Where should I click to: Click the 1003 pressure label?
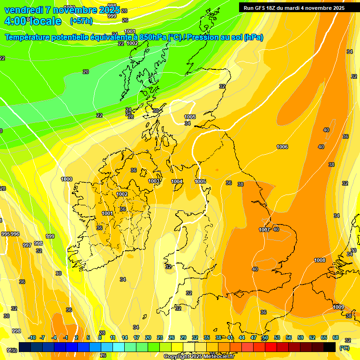point(154,181)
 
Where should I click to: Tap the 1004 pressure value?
point(177,181)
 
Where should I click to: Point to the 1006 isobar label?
point(282,147)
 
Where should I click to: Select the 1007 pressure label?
point(264,230)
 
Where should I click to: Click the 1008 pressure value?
point(320,260)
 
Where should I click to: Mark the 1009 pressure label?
point(338,307)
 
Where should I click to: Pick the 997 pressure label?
point(27,245)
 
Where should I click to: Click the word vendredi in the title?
point(24,10)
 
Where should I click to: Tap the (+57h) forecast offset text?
point(81,21)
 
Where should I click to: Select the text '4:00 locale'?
point(33,21)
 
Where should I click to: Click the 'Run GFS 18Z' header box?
point(294,7)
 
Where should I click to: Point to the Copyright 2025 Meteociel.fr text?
point(198,357)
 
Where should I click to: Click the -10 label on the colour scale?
point(32,337)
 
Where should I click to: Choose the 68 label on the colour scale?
point(336,337)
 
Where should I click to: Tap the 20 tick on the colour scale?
point(148,337)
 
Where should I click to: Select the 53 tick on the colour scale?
point(277,337)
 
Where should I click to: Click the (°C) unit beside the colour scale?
point(344,348)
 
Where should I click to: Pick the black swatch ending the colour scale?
point(330,347)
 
